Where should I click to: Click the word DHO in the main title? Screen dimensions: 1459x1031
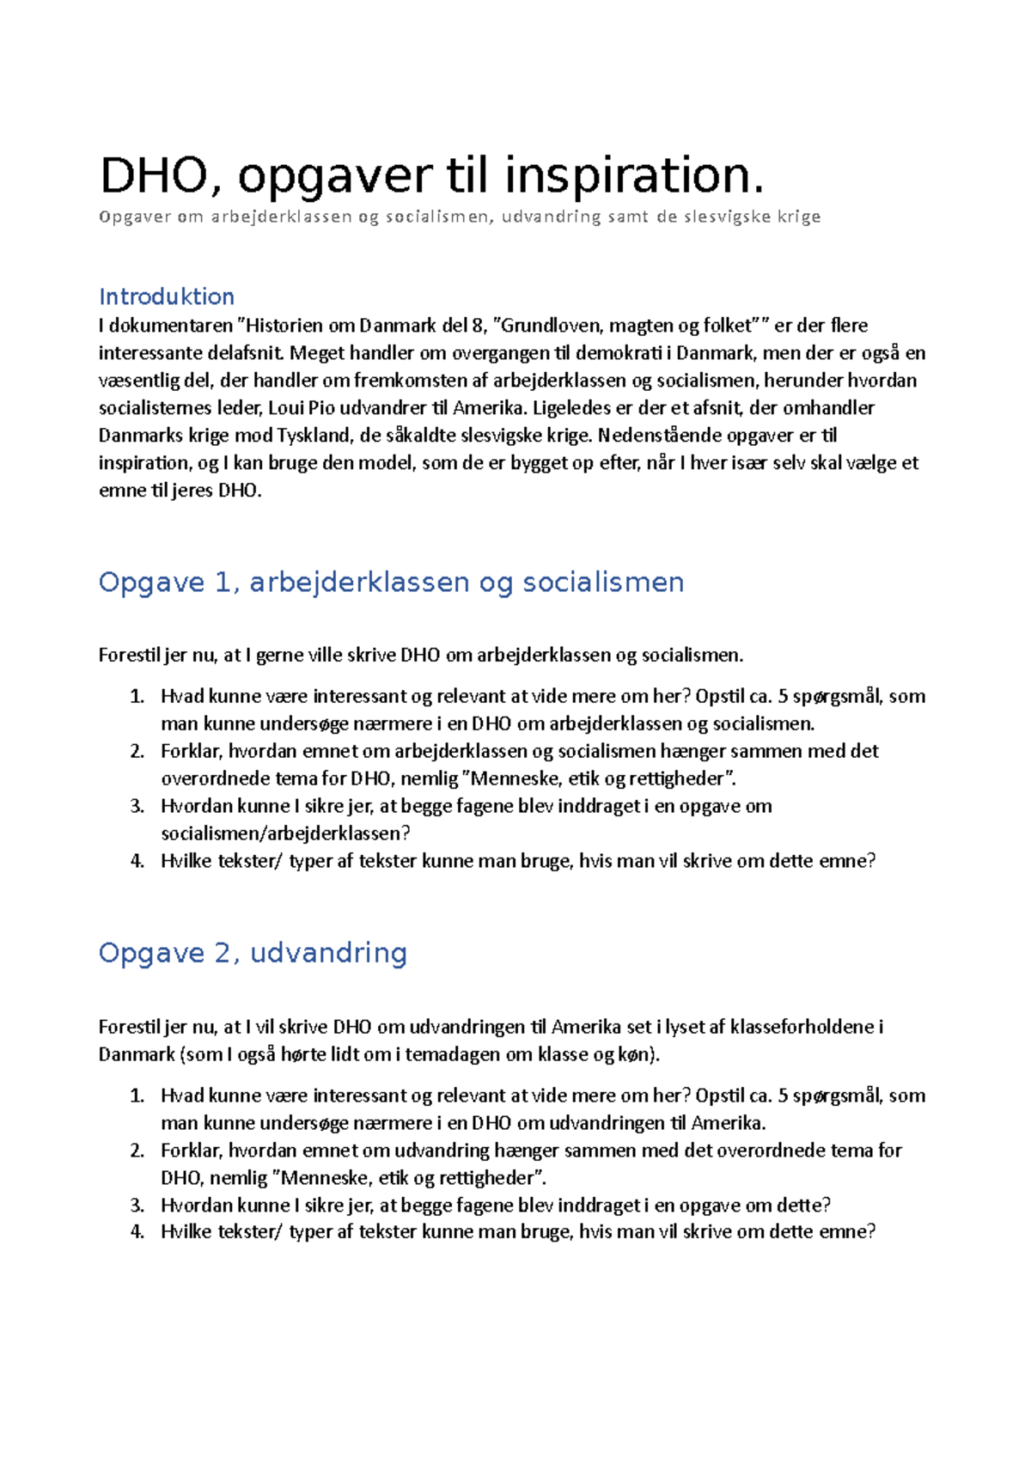pyautogui.click(x=153, y=176)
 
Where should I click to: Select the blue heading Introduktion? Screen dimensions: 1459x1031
pyautogui.click(x=167, y=296)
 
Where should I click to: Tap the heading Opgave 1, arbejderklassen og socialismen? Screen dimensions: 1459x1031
pyautogui.click(x=391, y=583)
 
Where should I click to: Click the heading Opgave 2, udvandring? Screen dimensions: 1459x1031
pyautogui.click(x=253, y=953)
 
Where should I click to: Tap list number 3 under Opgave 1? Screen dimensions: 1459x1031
pyautogui.click(x=137, y=806)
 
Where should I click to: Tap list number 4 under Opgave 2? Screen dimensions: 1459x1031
pyautogui.click(x=137, y=1232)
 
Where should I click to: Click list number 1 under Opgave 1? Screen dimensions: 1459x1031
pyautogui.click(x=137, y=696)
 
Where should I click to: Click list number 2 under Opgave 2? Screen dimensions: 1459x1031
pyautogui.click(x=137, y=1151)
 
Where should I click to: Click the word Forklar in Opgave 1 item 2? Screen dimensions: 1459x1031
pyautogui.click(x=191, y=751)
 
